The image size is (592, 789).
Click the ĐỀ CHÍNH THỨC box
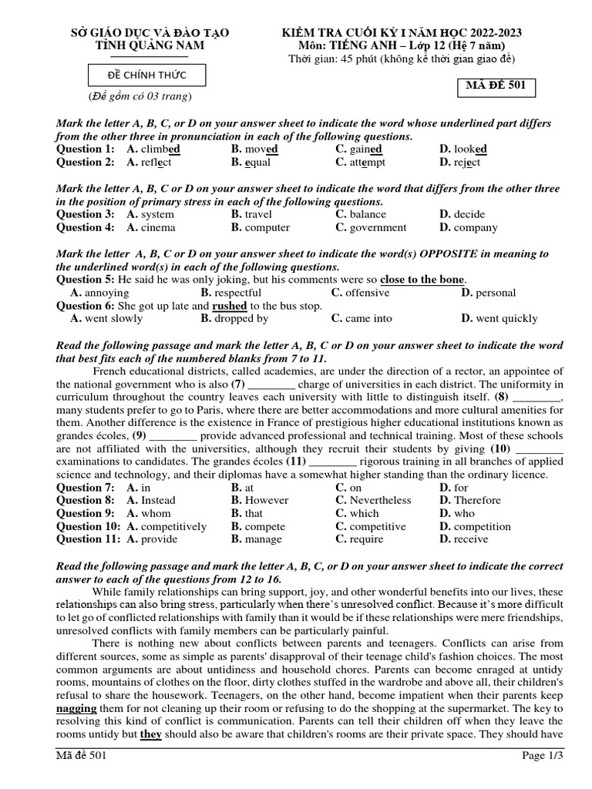[146, 76]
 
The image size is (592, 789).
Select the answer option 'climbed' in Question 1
[160, 149]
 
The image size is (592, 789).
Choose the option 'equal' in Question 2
[258, 162]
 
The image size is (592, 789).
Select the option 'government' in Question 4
[378, 227]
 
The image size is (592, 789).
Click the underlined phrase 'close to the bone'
[422, 280]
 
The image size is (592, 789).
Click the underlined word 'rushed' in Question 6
[229, 305]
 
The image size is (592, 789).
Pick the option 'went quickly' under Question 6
[506, 318]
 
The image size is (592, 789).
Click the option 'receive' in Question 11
[470, 539]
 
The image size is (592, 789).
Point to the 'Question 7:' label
[86, 487]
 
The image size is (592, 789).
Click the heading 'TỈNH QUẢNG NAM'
[150, 45]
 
